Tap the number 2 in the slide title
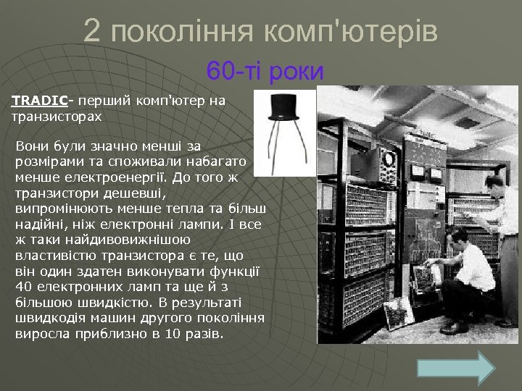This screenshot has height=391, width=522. pos(92,31)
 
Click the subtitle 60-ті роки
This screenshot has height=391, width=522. pos(265,71)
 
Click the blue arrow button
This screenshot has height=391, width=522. pos(457,368)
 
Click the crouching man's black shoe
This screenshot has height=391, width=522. pos(455,327)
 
